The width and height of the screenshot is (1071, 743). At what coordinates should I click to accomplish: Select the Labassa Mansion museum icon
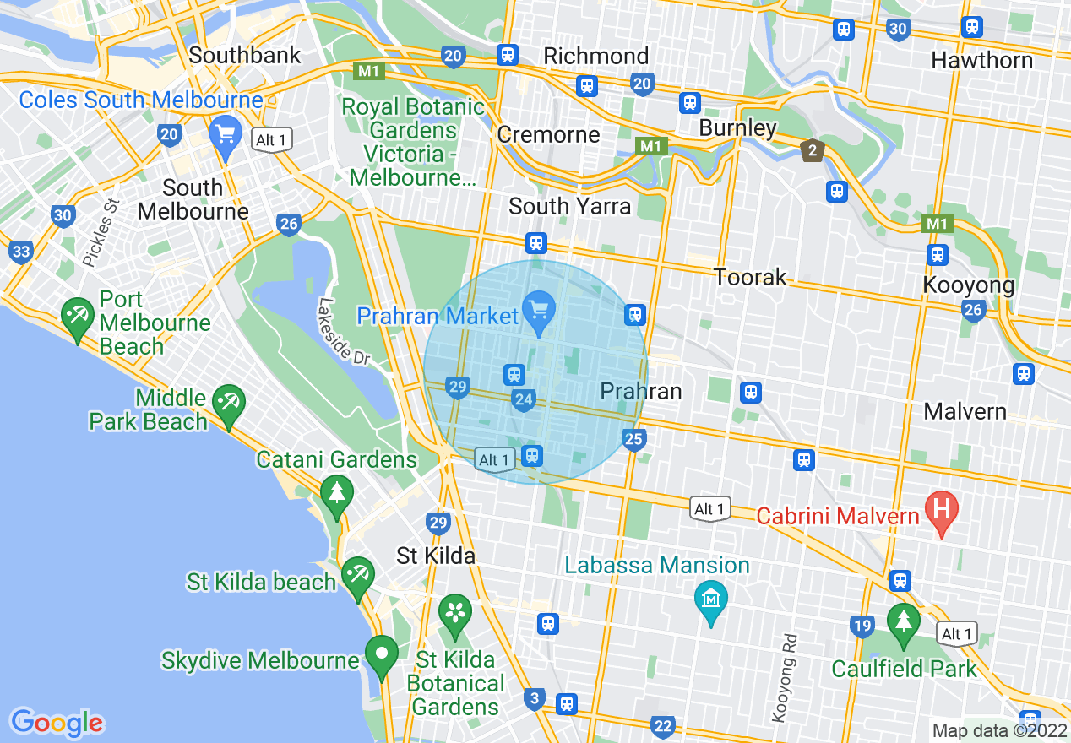tap(710, 599)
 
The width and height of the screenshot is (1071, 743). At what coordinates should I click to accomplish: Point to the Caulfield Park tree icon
tap(903, 621)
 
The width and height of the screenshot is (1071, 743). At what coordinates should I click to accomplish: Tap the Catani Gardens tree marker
tap(336, 491)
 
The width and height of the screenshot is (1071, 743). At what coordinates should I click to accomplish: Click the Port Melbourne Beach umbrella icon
tap(78, 317)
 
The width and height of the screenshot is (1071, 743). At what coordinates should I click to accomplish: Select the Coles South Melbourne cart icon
tap(225, 134)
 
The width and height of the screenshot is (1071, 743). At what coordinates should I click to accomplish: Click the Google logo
tap(57, 722)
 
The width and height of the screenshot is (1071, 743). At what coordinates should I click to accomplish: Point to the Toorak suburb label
tap(750, 277)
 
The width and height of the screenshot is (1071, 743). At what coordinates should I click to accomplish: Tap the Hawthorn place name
tap(981, 61)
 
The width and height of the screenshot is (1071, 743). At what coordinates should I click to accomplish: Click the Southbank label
tap(245, 56)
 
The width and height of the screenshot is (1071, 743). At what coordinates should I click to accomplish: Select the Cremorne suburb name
tap(548, 134)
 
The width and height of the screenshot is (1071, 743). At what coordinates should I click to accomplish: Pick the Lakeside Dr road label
tap(345, 331)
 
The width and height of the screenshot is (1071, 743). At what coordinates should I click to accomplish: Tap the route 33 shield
tap(21, 252)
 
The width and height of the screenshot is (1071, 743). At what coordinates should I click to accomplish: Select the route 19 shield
tap(862, 626)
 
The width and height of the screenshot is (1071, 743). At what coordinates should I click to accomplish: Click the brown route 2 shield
tap(812, 151)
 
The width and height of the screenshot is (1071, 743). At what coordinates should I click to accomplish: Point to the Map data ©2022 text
tap(998, 730)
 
